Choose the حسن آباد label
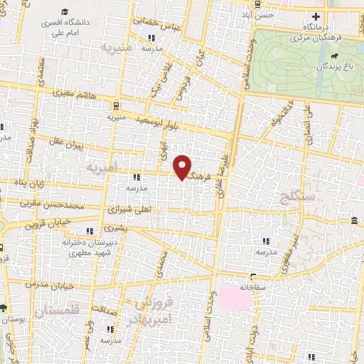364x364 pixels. pos(257,14)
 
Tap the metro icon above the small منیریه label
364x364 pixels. pos(115,100)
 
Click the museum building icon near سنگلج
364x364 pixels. pos(354,224)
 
